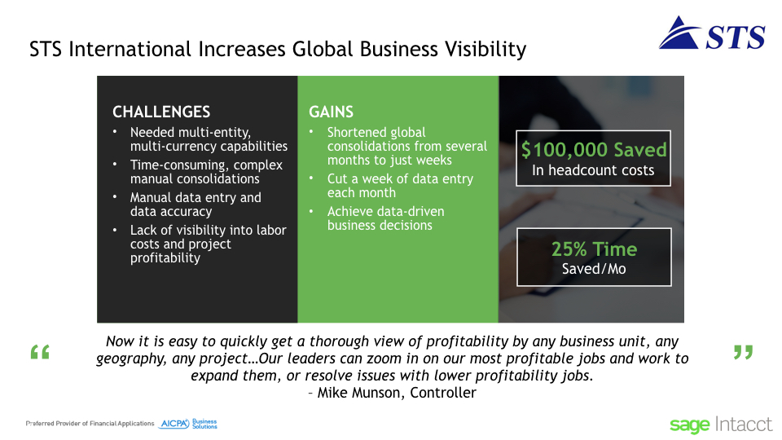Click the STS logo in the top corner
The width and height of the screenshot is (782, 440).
[x=712, y=33]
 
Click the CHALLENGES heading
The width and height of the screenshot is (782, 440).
[x=161, y=112]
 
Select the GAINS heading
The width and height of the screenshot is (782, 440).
[x=332, y=112]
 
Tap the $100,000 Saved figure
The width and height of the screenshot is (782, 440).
[x=594, y=150]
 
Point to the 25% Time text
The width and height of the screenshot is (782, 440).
[x=594, y=249]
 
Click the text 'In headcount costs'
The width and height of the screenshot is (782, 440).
[x=593, y=170]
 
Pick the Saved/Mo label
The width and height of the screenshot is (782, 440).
[x=594, y=269]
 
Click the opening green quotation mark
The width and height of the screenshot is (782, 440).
[x=40, y=352]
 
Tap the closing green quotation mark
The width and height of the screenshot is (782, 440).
[x=743, y=352]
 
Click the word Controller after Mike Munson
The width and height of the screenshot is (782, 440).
[x=443, y=393]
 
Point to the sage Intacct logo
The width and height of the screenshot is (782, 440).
[x=721, y=425]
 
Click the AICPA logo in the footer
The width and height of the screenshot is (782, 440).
[x=188, y=424]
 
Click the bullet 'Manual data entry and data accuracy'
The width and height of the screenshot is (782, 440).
[x=195, y=205]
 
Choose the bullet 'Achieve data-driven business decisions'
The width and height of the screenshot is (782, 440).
[x=385, y=218]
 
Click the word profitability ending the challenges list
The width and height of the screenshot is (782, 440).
[x=165, y=258]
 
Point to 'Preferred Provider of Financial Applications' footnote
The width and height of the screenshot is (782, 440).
[x=90, y=424]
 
